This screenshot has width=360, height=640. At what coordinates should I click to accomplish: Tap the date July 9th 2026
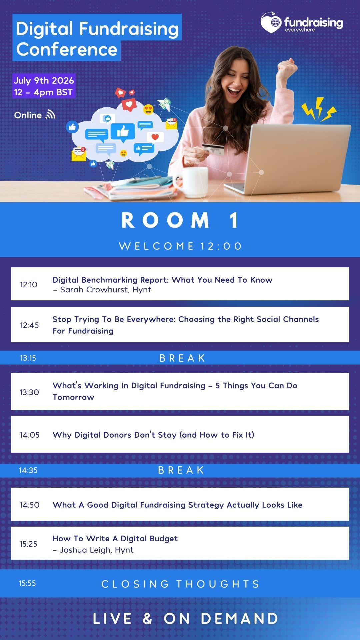tap(44, 81)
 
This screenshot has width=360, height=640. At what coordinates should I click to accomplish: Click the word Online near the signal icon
tap(28, 115)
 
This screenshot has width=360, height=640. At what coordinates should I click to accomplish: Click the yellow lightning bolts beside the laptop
tap(319, 109)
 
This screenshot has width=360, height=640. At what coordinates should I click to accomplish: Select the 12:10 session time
tap(29, 285)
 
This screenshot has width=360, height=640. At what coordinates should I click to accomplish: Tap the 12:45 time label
tap(29, 325)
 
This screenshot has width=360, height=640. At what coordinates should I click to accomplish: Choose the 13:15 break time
tap(28, 358)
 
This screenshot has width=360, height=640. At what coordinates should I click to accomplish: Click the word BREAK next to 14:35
tap(181, 470)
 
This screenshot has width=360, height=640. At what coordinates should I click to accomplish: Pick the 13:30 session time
tap(29, 392)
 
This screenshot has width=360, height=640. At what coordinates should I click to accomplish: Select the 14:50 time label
tap(30, 505)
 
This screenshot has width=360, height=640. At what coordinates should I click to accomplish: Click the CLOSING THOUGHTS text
tap(180, 584)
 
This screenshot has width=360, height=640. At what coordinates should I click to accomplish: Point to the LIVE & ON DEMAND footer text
tap(185, 619)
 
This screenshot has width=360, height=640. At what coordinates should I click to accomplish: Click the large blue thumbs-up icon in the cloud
tap(123, 131)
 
